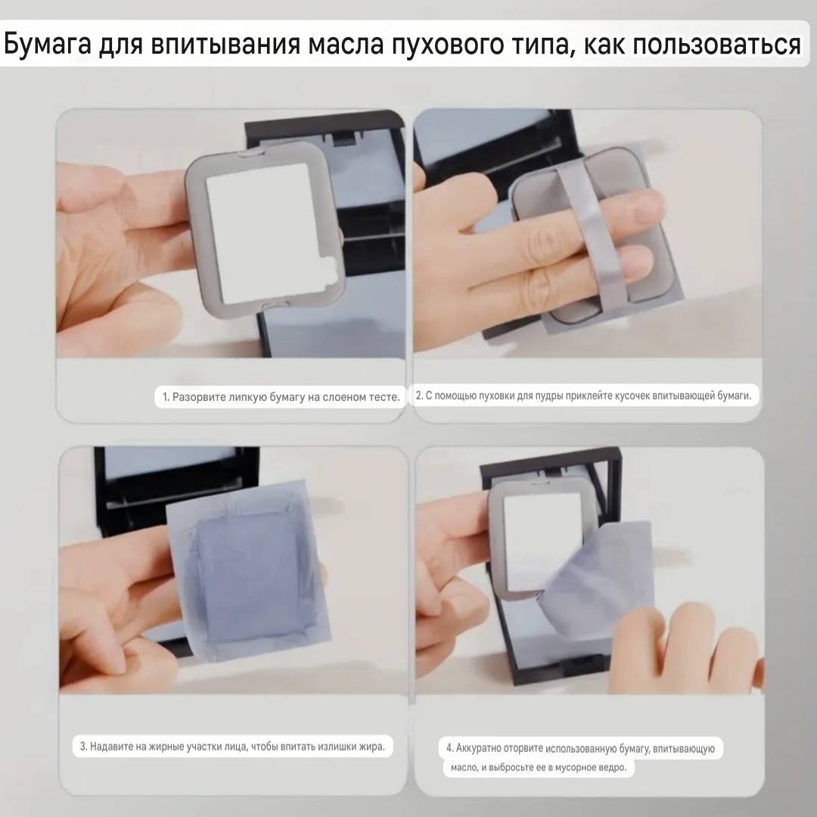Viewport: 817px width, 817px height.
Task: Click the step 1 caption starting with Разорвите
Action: tap(281, 396)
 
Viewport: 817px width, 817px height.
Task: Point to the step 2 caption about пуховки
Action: tap(583, 396)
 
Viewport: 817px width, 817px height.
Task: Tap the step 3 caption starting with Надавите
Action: tap(232, 746)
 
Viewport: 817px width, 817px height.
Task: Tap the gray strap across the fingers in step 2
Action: tap(592, 235)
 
